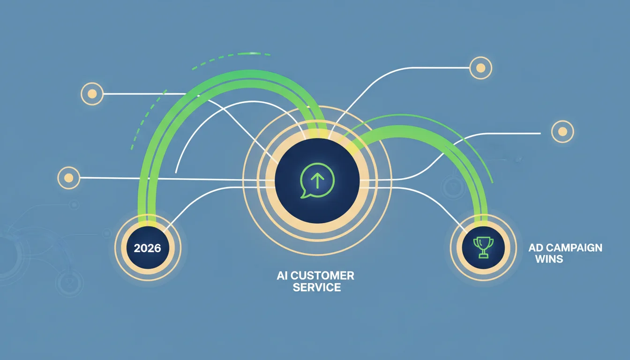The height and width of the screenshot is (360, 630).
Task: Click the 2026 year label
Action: [147, 248]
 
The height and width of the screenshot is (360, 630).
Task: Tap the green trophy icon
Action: [483, 247]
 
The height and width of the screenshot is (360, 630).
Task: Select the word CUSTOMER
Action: [322, 276]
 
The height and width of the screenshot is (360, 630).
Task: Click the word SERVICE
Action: [317, 287]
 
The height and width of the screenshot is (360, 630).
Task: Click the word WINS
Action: [549, 259]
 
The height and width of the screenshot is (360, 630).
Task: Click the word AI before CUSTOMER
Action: [282, 276]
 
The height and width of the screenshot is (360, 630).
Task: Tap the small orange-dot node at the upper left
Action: [92, 94]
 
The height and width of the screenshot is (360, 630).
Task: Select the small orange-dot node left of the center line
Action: [68, 178]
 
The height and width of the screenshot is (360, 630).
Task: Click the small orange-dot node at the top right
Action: [480, 68]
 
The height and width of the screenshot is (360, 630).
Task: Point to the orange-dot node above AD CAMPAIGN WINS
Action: [562, 132]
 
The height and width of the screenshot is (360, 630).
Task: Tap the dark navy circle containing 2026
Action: [148, 248]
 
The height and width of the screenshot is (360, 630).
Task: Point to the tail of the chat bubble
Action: [303, 195]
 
